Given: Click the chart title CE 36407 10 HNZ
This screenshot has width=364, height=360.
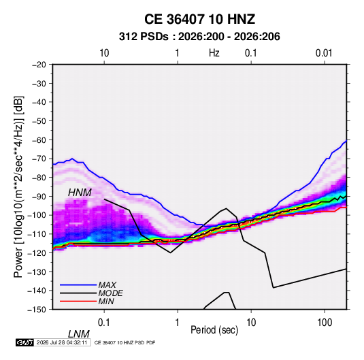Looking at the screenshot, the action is (x=199, y=19).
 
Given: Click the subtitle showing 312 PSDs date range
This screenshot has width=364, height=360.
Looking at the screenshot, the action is (x=199, y=37).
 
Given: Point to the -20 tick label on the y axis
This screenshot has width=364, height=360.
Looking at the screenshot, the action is (x=39, y=65).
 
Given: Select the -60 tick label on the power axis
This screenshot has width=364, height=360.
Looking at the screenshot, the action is (x=39, y=140).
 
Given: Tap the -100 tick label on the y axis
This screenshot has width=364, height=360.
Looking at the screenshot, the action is (x=37, y=215).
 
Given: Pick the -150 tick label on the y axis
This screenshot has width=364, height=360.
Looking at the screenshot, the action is (x=37, y=310).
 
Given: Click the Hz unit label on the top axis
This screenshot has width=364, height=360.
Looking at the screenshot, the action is (x=214, y=53).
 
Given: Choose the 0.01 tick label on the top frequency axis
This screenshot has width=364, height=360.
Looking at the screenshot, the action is (x=324, y=53).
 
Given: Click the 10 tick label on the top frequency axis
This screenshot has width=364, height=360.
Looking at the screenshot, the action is (x=104, y=53).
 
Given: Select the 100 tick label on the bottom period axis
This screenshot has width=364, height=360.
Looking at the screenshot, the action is (x=325, y=323).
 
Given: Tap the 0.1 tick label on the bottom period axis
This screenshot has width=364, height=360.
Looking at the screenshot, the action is (x=103, y=323).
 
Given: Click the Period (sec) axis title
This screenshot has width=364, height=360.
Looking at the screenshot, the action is (x=214, y=330).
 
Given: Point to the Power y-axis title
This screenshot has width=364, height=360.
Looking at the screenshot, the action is (x=18, y=186).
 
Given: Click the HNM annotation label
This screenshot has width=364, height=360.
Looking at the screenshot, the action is (x=80, y=193).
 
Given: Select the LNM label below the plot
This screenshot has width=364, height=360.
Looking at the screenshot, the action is (x=78, y=334).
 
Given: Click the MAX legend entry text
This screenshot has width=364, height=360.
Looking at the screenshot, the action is (x=107, y=284).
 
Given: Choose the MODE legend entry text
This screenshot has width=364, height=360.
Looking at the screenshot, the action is (x=110, y=293).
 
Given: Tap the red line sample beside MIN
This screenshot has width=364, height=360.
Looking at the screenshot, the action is (x=78, y=301).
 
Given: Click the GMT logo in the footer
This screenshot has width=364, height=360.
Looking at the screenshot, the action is (x=25, y=342).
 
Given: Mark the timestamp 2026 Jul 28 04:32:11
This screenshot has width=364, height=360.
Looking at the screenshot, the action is (x=62, y=342).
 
